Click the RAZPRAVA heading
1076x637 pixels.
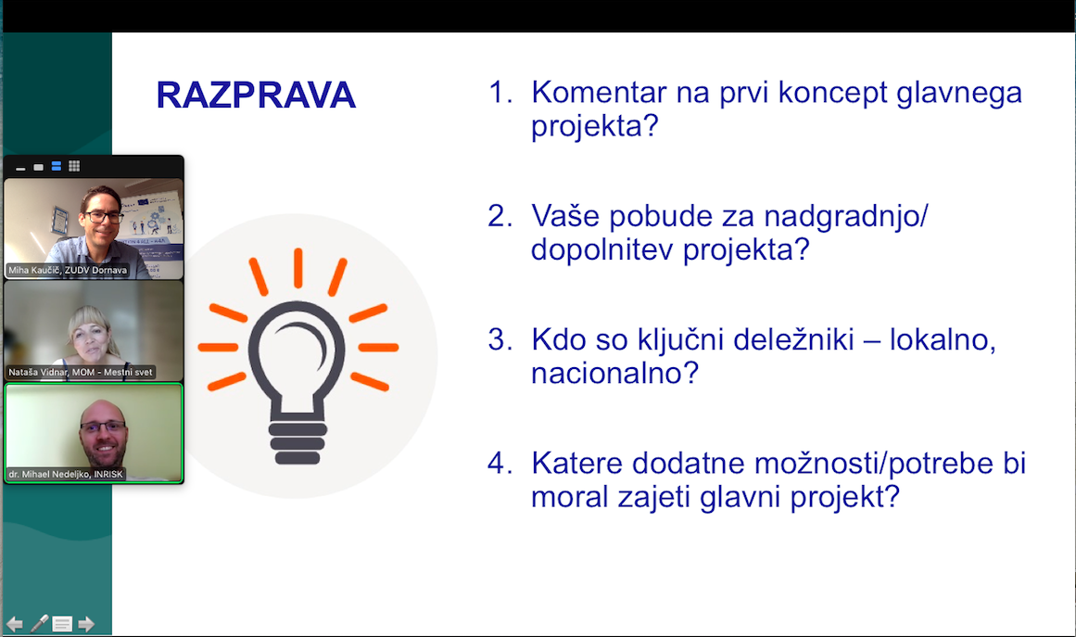pyautogui.click(x=255, y=95)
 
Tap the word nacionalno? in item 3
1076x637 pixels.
pyautogui.click(x=614, y=374)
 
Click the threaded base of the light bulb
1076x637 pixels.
pyautogui.click(x=297, y=442)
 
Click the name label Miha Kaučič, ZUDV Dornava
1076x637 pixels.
pyautogui.click(x=68, y=271)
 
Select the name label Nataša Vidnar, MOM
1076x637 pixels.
pyautogui.click(x=81, y=372)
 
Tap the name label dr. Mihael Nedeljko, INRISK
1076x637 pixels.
pyautogui.click(x=66, y=475)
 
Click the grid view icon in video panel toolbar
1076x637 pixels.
pyautogui.click(x=74, y=166)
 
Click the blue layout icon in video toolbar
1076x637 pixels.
pyautogui.click(x=57, y=166)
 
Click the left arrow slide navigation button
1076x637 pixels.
pyautogui.click(x=15, y=624)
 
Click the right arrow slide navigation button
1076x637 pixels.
pyautogui.click(x=86, y=624)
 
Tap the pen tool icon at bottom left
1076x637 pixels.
pyautogui.click(x=39, y=623)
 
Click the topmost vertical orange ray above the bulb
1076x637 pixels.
pyautogui.click(x=298, y=268)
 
